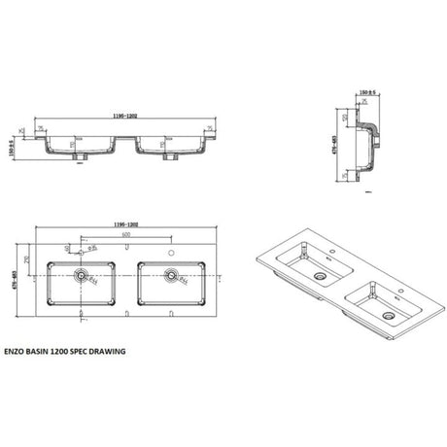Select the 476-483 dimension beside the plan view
tap(9, 278)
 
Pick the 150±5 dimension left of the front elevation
tap(9, 146)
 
